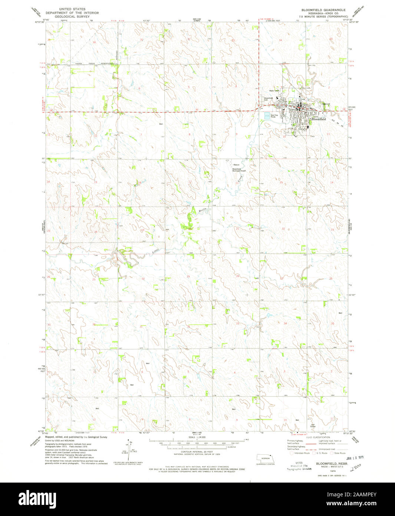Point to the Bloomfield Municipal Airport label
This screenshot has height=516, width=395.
coord(239,170)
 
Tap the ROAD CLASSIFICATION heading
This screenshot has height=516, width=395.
coord(318,433)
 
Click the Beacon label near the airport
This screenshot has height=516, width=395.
coord(236,164)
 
